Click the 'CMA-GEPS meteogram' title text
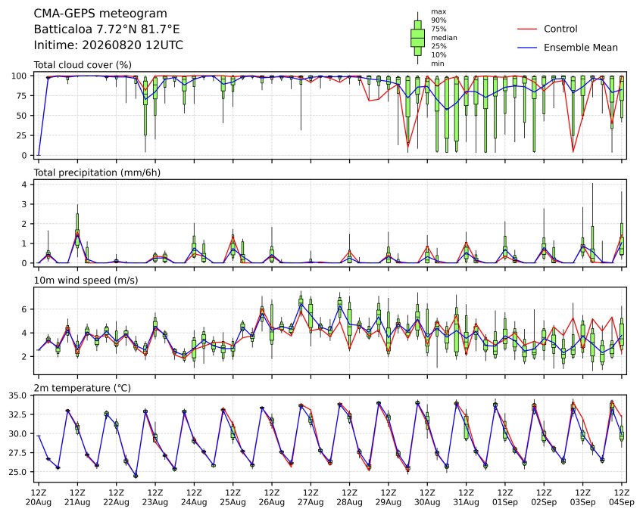click(101, 14)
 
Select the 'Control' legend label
click(560, 29)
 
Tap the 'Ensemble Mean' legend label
click(581, 48)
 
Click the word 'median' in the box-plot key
click(444, 38)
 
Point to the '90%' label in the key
click(439, 20)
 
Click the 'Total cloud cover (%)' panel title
click(83, 65)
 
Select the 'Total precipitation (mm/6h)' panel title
click(97, 172)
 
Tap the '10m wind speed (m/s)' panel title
click(86, 281)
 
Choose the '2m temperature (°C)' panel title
click(82, 388)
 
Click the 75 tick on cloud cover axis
click(22, 96)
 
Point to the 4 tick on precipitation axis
click(24, 185)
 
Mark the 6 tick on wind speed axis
click(24, 309)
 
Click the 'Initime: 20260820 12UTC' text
click(108, 45)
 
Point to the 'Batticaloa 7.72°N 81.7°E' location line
click(107, 29)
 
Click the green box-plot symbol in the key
click(417, 38)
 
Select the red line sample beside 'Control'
click(527, 29)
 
